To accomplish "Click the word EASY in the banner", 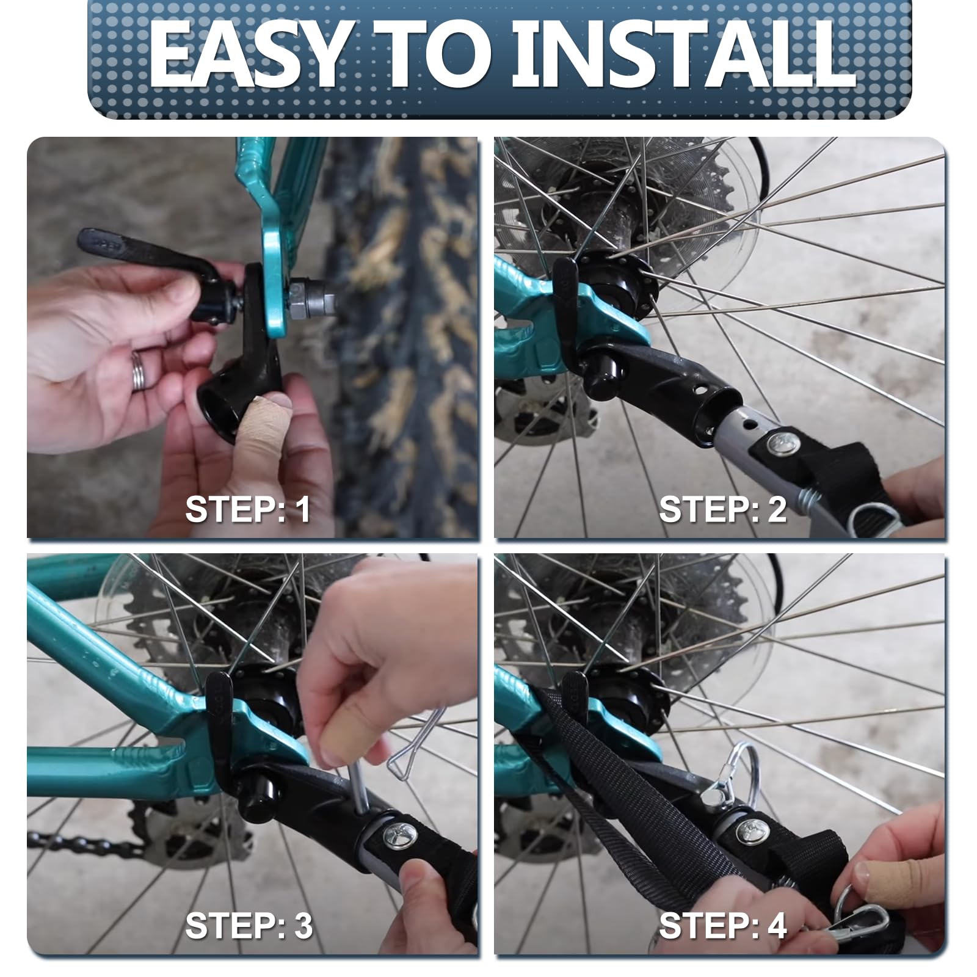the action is [x=247, y=56].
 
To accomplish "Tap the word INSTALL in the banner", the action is [x=683, y=56].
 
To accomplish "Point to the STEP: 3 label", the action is [x=249, y=926].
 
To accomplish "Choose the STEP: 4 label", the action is [x=723, y=926].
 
